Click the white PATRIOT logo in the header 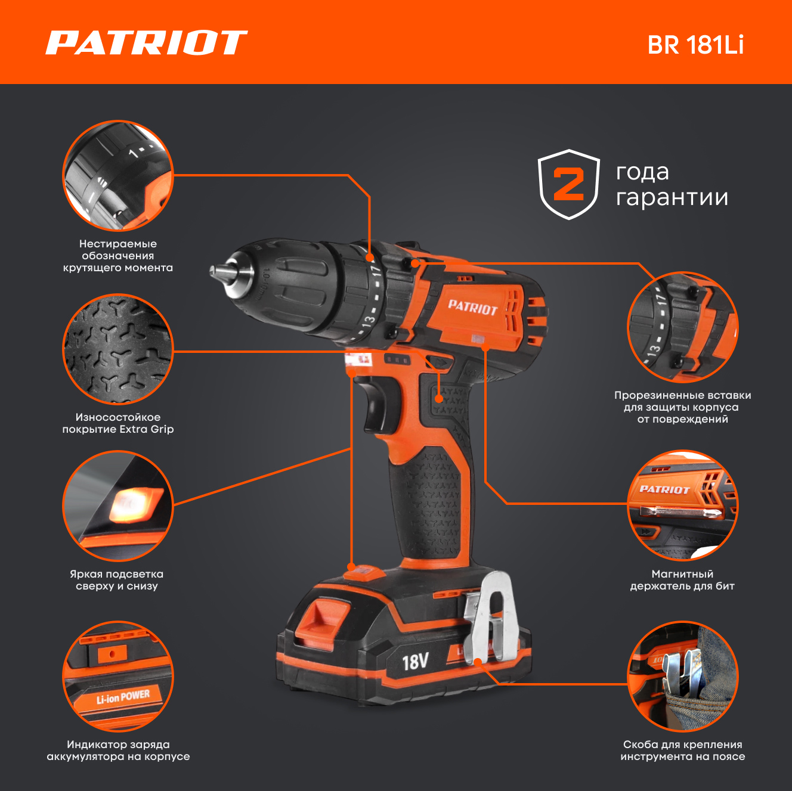146,42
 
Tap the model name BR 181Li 695,45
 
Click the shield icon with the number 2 569,184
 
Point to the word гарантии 672,198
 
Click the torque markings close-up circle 118,175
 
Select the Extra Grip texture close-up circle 118,349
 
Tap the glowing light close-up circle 118,506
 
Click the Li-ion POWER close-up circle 118,677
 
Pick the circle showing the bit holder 683,505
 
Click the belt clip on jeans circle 683,677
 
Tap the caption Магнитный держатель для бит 682,580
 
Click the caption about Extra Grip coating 118,423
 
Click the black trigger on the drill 376,405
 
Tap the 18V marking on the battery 415,662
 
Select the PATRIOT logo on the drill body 473,308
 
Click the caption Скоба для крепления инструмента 683,750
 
